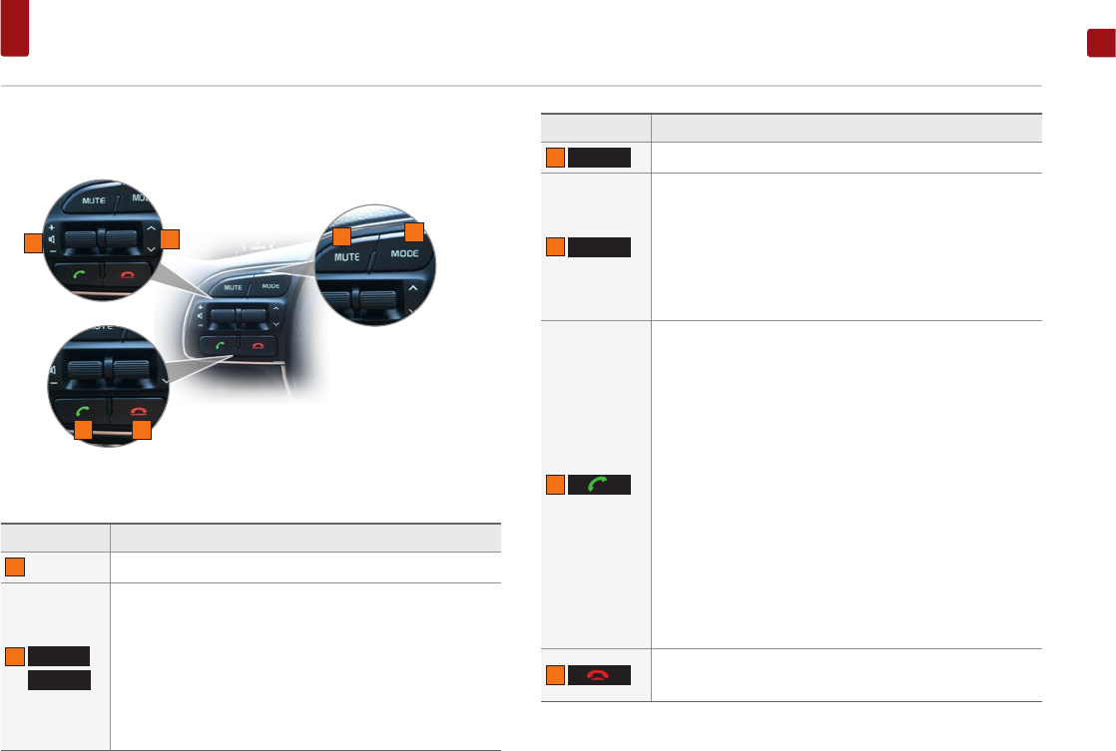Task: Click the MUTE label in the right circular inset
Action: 347,257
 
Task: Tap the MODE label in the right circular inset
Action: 404,253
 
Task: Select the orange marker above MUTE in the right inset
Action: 342,236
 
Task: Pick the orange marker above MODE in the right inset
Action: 414,231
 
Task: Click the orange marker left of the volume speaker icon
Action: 33,240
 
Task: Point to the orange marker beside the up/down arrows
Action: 171,238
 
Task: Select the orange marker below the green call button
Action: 84,430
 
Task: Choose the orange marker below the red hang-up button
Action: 142,430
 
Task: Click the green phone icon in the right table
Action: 599,485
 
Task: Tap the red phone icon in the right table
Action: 599,674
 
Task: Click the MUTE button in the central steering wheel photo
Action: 233,287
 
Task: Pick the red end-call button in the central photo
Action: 258,344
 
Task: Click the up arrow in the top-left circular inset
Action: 151,227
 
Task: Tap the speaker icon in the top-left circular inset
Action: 49,239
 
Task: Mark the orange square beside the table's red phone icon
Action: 555,674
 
